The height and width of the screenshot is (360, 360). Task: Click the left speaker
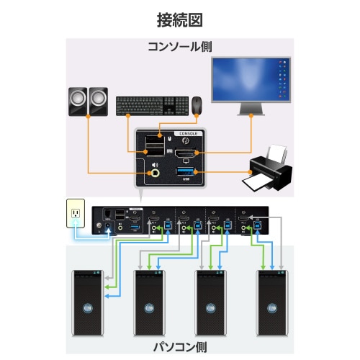77,101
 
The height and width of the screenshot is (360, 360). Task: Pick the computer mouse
197,104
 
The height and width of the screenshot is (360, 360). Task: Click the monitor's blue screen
252,80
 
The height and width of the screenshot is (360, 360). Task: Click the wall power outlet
76,214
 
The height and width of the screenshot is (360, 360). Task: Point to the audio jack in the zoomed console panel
155,172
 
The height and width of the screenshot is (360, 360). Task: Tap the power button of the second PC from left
149,307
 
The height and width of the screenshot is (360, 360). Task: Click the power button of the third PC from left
211,307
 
